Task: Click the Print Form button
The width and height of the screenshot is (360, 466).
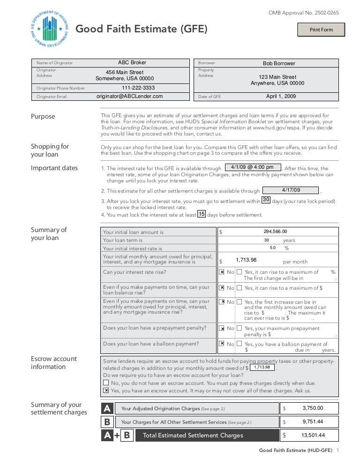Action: pos(321,30)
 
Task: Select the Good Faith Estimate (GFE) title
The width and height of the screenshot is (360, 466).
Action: pos(141,30)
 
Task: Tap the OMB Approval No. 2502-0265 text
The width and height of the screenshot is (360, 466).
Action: pos(303,13)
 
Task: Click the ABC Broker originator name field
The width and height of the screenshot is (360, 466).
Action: pos(132,62)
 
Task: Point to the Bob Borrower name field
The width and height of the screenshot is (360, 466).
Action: pos(279,63)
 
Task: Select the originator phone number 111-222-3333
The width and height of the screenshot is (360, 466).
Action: pos(138,88)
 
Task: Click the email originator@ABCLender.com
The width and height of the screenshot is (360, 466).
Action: pos(129,96)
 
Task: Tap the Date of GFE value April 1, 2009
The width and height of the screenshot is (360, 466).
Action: pos(281,96)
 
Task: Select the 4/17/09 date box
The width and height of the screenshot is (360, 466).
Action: pos(291,190)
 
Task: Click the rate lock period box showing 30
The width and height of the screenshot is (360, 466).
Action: pos(265,200)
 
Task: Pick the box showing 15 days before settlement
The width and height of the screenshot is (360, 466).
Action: pos(201,214)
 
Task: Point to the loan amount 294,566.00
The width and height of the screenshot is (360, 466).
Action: pos(275,231)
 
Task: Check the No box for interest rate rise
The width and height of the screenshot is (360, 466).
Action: pos(222,272)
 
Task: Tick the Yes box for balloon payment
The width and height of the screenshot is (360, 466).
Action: pos(239,344)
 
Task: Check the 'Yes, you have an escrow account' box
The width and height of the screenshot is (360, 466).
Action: pos(106,390)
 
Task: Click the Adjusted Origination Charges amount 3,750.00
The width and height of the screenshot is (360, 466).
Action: pos(313,408)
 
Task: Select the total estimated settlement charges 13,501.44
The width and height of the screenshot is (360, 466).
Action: pos(313,435)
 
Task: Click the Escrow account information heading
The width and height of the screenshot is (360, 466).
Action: pos(53,362)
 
